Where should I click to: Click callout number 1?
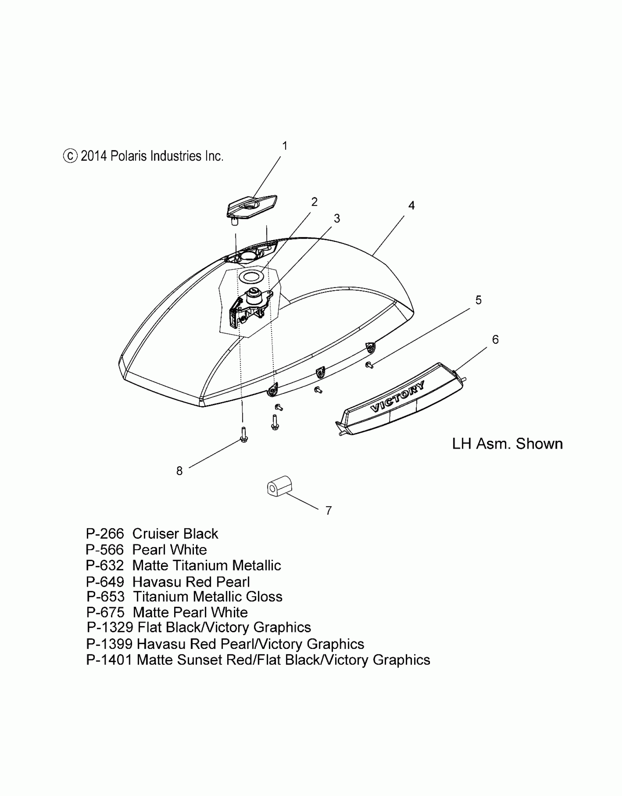click(285, 146)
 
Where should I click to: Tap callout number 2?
click(314, 202)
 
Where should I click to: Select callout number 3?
click(337, 218)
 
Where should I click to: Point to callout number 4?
click(411, 206)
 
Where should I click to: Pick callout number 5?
click(478, 300)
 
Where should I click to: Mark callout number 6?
click(495, 340)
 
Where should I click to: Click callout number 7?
click(329, 510)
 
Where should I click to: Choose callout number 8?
click(179, 471)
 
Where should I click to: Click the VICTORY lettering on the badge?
click(398, 396)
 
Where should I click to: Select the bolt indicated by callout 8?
click(244, 435)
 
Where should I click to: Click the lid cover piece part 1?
click(252, 207)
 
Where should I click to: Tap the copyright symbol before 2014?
click(70, 156)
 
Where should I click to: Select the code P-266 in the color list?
click(105, 534)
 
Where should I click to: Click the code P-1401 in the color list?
click(109, 660)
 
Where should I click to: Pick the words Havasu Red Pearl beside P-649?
click(191, 582)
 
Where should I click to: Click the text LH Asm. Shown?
click(507, 444)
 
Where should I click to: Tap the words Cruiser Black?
click(175, 534)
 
